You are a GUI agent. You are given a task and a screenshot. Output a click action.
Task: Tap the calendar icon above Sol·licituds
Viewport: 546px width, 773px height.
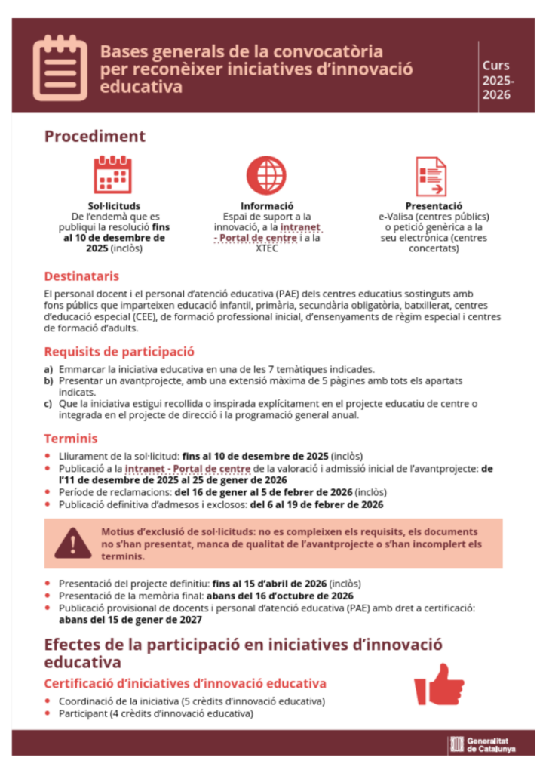click(x=112, y=175)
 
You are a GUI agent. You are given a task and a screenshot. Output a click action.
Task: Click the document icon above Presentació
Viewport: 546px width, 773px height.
click(x=431, y=176)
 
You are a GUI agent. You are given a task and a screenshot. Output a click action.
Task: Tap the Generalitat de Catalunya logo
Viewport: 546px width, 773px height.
click(x=482, y=744)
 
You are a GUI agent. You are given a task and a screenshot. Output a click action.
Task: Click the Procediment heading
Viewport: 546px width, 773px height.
click(x=94, y=137)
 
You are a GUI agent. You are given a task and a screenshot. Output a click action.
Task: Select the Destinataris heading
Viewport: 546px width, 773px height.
click(x=81, y=276)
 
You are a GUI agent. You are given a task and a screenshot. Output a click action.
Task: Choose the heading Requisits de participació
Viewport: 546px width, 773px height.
click(x=119, y=351)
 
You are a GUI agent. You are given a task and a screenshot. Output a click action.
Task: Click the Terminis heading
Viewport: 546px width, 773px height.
click(x=70, y=439)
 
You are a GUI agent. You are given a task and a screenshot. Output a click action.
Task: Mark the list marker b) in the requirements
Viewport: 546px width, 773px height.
click(x=49, y=380)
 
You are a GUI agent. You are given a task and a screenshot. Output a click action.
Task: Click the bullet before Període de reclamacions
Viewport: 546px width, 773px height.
click(x=49, y=492)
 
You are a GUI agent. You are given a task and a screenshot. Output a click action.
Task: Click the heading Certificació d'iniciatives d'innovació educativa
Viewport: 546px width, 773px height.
click(x=185, y=684)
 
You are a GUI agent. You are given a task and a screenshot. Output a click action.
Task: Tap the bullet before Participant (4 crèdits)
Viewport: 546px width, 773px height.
click(x=49, y=713)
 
